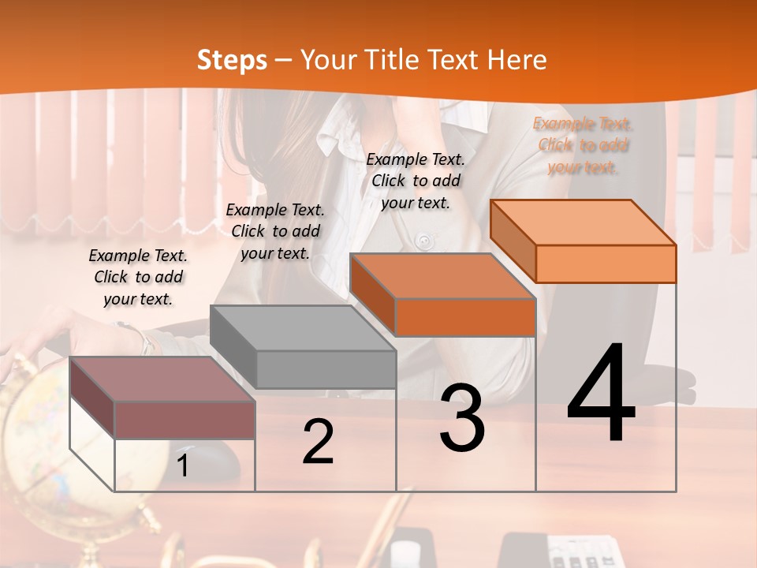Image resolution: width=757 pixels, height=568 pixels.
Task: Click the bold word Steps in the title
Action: point(232,61)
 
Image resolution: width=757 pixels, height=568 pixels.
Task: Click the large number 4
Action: point(601,394)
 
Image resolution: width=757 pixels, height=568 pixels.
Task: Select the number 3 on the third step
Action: point(462,418)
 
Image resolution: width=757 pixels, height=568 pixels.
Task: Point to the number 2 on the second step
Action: point(318,443)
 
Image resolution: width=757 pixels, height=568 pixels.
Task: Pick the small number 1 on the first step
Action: point(183,465)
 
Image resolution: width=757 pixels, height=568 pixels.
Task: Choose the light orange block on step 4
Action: point(605,263)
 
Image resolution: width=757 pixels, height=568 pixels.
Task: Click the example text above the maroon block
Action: point(138,277)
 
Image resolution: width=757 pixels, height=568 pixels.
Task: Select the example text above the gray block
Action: point(275,231)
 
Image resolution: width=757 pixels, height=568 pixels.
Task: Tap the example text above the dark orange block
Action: point(416,181)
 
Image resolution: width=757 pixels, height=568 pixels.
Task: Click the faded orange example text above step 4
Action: point(583,145)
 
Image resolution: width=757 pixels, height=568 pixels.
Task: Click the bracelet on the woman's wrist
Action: point(144,339)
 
